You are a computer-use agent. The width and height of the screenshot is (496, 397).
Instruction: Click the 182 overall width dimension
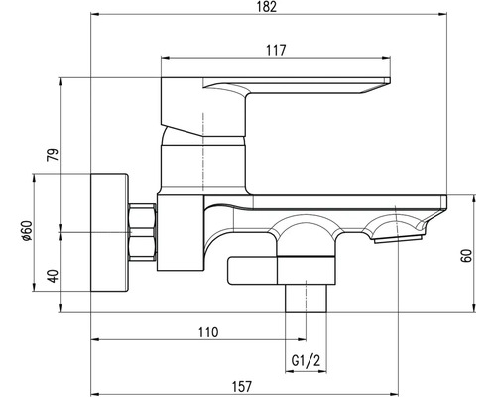(x=267, y=7)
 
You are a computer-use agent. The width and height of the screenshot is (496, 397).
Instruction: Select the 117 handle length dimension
(x=276, y=51)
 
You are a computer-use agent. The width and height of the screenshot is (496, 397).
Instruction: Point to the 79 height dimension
(x=53, y=154)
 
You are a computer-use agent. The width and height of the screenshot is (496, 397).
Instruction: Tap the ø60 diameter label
(x=27, y=230)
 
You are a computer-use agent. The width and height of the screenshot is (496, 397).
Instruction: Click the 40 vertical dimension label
(x=53, y=276)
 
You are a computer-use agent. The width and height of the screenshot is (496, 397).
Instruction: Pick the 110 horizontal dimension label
(x=208, y=331)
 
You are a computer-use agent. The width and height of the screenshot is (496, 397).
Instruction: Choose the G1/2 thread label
(x=306, y=360)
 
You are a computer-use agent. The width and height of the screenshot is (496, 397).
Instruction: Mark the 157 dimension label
(x=242, y=386)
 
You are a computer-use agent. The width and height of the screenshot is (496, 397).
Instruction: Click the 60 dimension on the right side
(x=466, y=255)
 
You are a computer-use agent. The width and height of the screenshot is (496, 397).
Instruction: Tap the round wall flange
(x=109, y=232)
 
